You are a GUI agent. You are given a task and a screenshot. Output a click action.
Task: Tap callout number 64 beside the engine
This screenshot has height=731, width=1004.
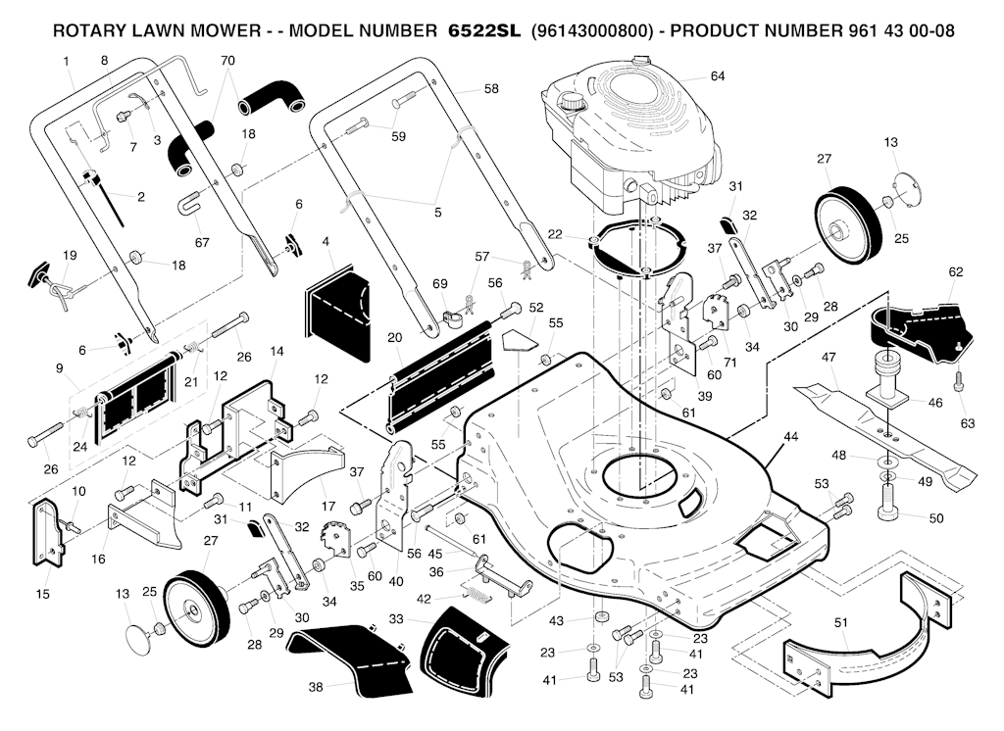click(718, 76)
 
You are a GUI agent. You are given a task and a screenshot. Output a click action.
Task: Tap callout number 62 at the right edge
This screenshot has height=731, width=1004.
click(956, 271)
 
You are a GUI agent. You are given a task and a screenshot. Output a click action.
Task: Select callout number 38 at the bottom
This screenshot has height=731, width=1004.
click(316, 687)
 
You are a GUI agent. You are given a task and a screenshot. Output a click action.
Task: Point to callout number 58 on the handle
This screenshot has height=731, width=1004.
click(491, 88)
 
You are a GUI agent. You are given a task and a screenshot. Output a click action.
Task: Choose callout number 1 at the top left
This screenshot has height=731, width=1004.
click(67, 62)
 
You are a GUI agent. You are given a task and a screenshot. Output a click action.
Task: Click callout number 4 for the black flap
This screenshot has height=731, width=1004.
click(325, 241)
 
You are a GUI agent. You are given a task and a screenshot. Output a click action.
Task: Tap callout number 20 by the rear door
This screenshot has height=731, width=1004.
click(394, 337)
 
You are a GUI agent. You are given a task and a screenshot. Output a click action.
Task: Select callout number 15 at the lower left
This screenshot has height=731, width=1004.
click(43, 594)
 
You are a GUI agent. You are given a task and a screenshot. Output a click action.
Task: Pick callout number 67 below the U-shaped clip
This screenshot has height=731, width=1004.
click(202, 242)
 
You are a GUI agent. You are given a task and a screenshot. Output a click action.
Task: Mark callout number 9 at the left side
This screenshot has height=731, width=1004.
click(61, 368)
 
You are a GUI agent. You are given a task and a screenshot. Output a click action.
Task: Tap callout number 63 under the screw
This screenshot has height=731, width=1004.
click(969, 423)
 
